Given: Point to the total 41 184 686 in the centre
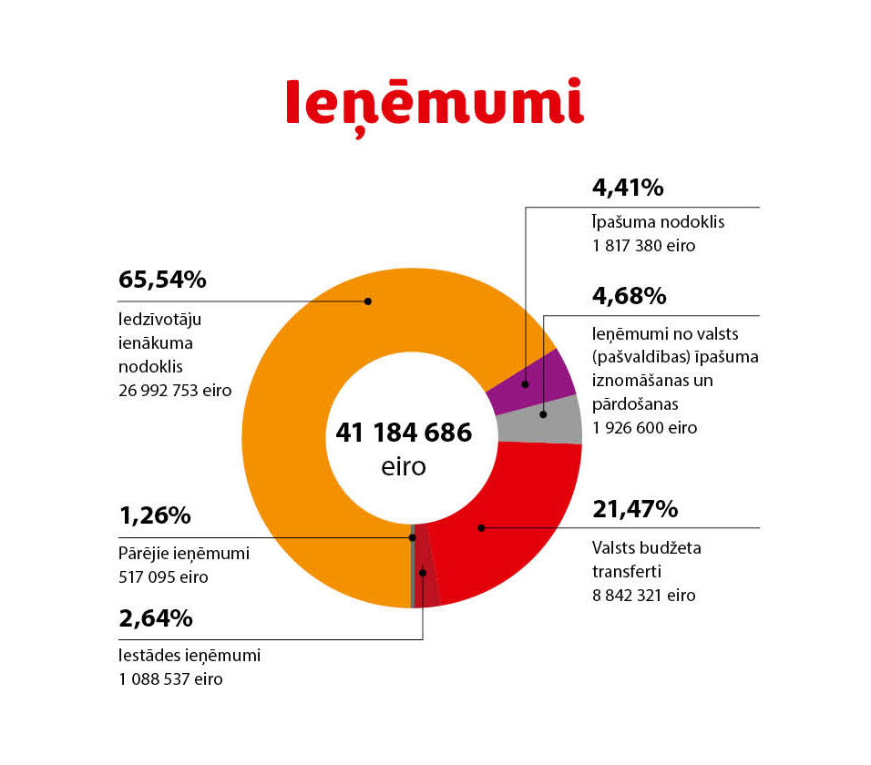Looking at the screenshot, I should pos(404,433).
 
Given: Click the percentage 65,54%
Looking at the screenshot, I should pos(162,280).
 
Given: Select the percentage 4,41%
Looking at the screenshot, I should pos(628,189).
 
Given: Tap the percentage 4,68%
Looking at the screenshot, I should pos(629,296).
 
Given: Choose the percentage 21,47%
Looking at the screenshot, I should pos(635,509).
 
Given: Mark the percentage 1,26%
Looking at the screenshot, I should pos(155,515).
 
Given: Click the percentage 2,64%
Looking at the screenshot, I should pos(156,618).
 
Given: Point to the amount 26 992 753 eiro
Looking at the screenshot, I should pos(175,390).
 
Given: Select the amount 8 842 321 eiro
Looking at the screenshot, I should pos(644,596).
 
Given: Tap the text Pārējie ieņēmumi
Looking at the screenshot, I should pos(184,553).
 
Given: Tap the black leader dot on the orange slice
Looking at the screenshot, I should pos(368,301).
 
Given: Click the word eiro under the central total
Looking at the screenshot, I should pos(404,466).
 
